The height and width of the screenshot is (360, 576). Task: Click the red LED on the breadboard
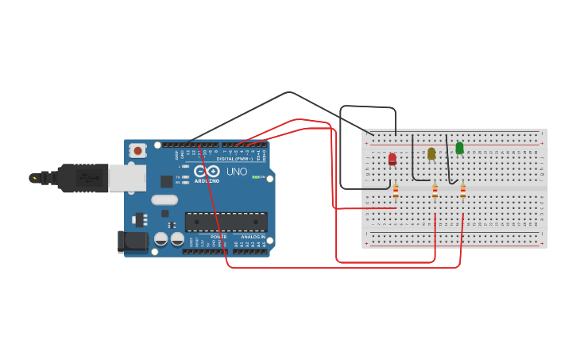pos(392,159)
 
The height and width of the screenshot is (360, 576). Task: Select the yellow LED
pos(431,153)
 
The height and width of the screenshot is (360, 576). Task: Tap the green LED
pos(459,148)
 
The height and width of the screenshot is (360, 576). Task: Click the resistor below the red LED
pos(396,191)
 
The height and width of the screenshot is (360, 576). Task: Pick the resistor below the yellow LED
pos(435,191)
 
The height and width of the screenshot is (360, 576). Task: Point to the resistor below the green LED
pos(462,191)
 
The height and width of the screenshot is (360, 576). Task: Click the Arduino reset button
pos(138,150)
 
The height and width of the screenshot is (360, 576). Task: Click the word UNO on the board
pos(237,172)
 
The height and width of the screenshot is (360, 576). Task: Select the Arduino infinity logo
pos(207,171)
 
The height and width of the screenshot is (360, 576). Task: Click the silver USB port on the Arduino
pos(127,178)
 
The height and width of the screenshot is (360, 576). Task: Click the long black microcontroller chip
pos(226,222)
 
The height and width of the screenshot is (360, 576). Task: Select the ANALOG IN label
pos(253,237)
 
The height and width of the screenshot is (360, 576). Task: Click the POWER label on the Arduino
pos(218,237)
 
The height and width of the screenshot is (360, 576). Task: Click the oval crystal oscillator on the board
pos(164,200)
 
